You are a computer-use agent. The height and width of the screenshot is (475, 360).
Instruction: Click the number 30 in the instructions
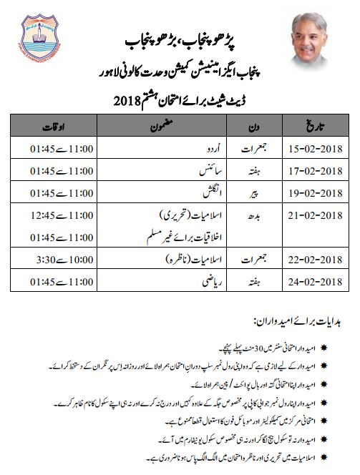(223, 348)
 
